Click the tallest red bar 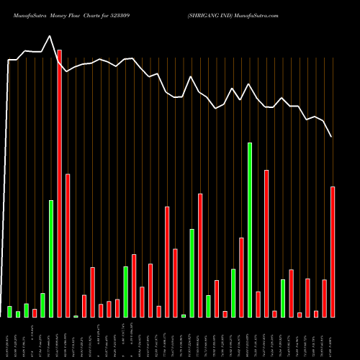pos(59,184)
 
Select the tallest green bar pos(250,230)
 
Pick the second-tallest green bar pos(51,258)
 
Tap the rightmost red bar pos(333,252)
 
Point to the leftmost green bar pos(9,311)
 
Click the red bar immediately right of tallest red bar pos(68,246)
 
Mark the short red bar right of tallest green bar pos(258,304)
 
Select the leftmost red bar pos(35,312)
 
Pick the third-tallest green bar pos(192,273)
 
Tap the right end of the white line pos(332,137)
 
